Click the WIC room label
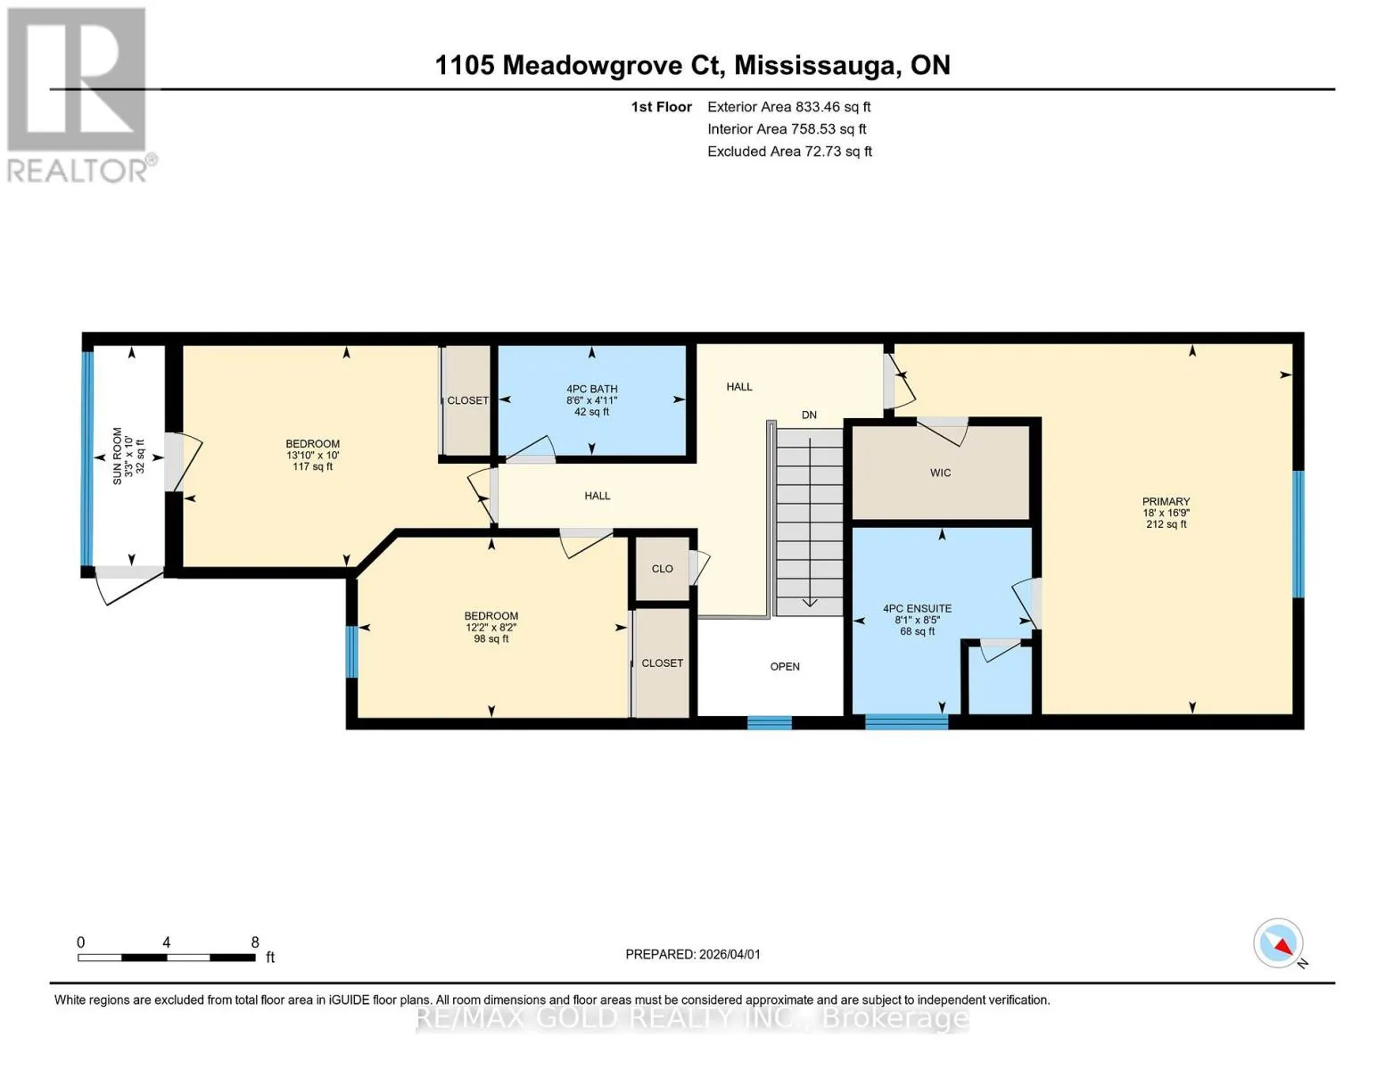(x=940, y=473)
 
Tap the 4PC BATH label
(x=591, y=389)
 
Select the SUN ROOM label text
(x=118, y=457)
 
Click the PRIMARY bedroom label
(x=1166, y=501)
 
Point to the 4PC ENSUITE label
(x=917, y=609)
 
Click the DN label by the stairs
(x=809, y=415)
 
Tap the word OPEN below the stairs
(x=785, y=667)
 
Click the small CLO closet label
(x=663, y=569)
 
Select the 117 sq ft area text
(x=312, y=466)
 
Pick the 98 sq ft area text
(x=491, y=638)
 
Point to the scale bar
(x=167, y=958)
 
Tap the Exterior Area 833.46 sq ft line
(x=788, y=107)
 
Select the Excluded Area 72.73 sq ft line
(x=789, y=152)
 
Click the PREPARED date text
(x=693, y=954)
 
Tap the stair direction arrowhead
(x=810, y=602)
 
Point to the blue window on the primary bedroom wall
(x=1298, y=534)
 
